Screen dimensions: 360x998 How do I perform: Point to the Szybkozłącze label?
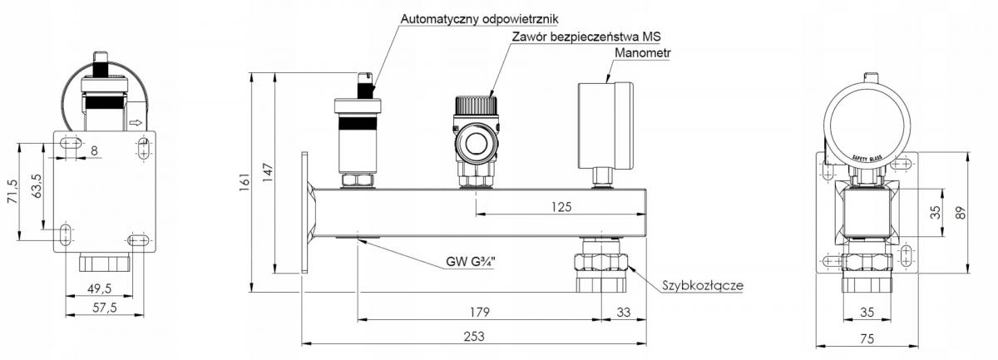702,285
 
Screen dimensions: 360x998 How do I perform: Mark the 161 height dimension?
245,182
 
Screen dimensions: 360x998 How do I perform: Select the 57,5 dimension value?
104,308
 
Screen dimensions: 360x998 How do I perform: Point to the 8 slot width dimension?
94,150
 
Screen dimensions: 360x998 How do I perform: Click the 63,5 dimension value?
36,182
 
